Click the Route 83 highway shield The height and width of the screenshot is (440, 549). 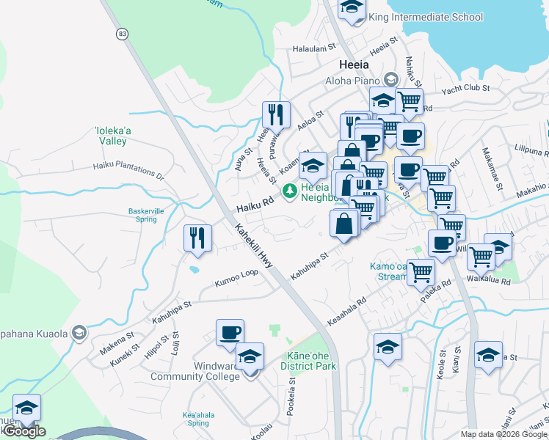click(x=121, y=34)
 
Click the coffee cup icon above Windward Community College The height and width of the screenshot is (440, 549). click(x=230, y=332)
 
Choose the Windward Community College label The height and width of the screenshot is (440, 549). click(x=195, y=371)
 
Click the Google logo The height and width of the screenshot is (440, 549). click(x=24, y=431)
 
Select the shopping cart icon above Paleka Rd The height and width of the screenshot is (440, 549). click(x=421, y=272)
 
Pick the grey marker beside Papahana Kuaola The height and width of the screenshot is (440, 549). click(x=79, y=334)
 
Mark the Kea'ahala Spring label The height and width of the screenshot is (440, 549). click(x=198, y=419)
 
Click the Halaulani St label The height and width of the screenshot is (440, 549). click(x=313, y=48)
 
